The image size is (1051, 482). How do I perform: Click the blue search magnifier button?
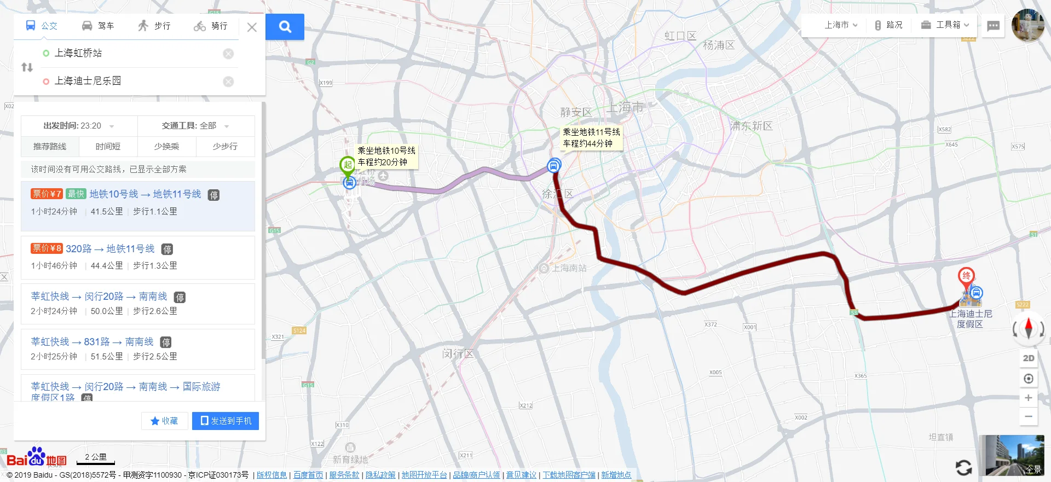point(285,26)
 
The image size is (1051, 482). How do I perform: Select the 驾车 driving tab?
point(98,26)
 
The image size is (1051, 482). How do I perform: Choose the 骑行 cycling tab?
point(211,26)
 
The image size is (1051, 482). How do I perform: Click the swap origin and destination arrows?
point(27,67)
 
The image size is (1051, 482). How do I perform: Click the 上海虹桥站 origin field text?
point(78,53)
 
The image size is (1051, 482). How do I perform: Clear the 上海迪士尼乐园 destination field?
point(228,82)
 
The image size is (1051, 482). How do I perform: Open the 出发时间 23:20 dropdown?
point(79,126)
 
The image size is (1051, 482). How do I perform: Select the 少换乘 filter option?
point(166,147)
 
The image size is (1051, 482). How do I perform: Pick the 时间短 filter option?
point(108,147)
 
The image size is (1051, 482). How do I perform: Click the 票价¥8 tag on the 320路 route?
point(47,248)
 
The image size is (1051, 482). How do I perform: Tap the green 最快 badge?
point(76,194)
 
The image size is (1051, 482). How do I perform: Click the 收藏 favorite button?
point(164,421)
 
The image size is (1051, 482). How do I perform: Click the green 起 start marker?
point(348,165)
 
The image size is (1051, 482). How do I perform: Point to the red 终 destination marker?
point(966,276)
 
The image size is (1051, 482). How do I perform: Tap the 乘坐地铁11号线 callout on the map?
point(591,138)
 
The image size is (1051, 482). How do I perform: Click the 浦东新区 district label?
point(751,126)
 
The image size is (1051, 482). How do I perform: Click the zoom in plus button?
point(1029,398)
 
